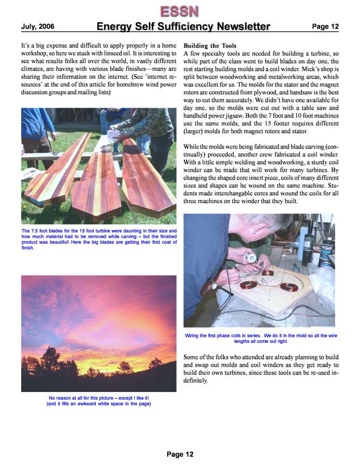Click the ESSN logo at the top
[179, 10]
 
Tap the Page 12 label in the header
[325, 26]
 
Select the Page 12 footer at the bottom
[180, 454]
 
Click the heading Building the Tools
[210, 46]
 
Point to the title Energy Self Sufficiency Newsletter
[183, 26]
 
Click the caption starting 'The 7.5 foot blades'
[99, 239]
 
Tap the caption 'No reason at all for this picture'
[99, 401]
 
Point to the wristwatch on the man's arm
[213, 285]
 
